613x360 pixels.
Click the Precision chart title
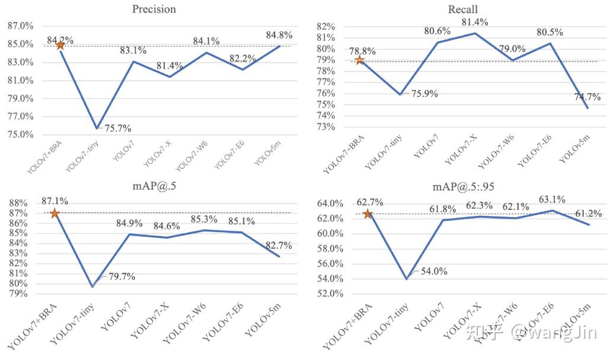(155, 9)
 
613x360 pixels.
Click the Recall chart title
(462, 9)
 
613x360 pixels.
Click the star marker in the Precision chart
(60, 45)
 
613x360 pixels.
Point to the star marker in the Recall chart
(359, 60)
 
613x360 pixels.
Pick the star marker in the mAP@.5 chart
(55, 214)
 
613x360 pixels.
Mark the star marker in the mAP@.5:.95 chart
(368, 214)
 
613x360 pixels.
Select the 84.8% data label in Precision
(279, 36)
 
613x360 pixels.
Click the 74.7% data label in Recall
(586, 97)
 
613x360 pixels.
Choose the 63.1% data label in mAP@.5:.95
(551, 199)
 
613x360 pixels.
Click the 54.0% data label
(435, 272)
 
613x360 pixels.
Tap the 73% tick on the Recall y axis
(326, 127)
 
